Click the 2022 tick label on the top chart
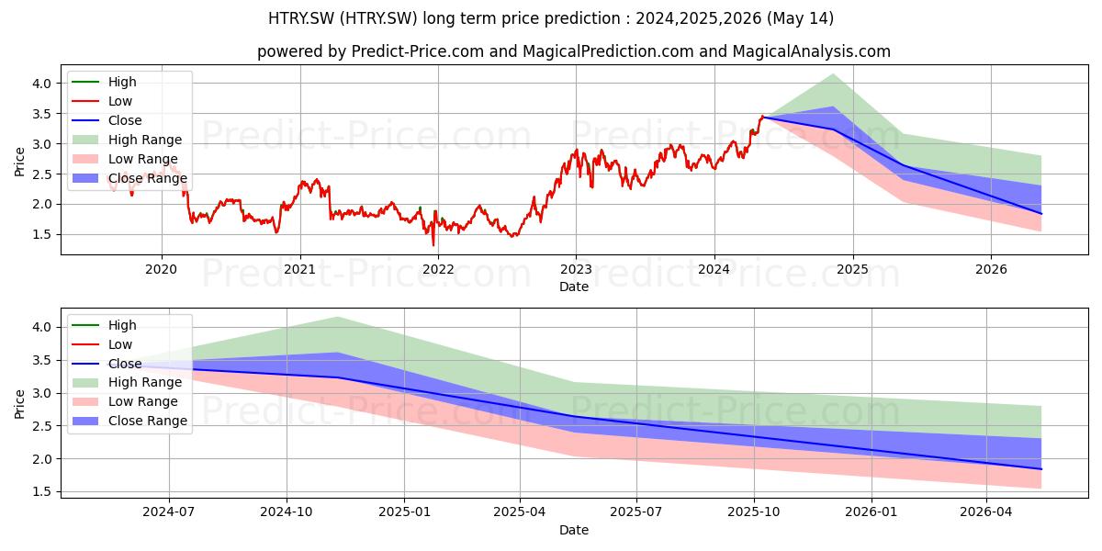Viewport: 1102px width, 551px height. tap(438, 270)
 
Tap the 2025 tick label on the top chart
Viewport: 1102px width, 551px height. tap(852, 270)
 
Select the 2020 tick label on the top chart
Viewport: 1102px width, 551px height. tap(162, 270)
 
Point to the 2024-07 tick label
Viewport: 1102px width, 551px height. tap(169, 512)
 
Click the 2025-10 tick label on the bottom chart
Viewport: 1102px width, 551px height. tap(754, 512)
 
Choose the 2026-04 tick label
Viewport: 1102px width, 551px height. tap(986, 512)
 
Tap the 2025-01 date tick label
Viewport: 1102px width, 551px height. tap(404, 512)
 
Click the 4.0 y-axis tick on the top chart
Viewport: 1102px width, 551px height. tap(42, 84)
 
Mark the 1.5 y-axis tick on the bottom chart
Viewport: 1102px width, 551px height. tap(42, 492)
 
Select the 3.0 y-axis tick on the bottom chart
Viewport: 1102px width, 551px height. tap(42, 394)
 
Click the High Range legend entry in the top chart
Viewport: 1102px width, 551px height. tap(127, 140)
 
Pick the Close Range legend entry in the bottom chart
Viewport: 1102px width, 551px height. tap(129, 422)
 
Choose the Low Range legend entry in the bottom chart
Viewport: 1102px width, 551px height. tap(125, 402)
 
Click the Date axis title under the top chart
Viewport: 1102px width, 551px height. tap(574, 287)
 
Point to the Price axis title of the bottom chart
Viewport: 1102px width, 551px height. tap(19, 404)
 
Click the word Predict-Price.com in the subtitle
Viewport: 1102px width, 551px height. tap(418, 51)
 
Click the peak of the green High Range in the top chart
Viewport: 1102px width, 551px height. tap(833, 74)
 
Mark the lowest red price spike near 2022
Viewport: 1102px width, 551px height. tap(433, 245)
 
